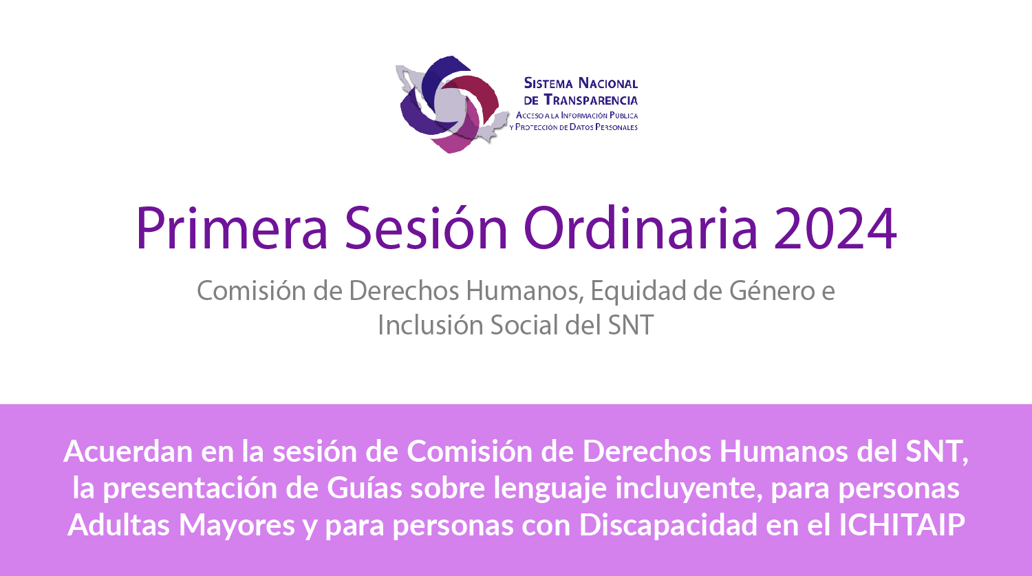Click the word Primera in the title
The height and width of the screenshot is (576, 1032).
click(x=232, y=228)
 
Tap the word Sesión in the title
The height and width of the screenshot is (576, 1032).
click(x=426, y=228)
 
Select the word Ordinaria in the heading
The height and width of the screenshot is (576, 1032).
click(x=641, y=228)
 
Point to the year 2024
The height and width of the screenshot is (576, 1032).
click(x=835, y=228)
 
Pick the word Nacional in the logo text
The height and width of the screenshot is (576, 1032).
click(x=608, y=83)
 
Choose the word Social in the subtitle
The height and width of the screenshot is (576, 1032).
click(x=524, y=325)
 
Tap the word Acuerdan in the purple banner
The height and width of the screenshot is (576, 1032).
click(x=127, y=451)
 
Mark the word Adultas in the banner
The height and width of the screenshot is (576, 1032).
click(x=118, y=524)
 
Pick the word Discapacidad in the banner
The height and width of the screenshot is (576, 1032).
click(x=668, y=525)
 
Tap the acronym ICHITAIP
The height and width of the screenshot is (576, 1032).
click(x=902, y=524)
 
